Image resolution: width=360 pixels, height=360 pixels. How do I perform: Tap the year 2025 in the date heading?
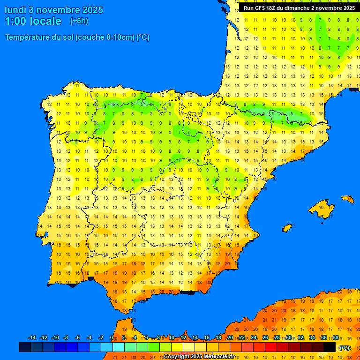92,10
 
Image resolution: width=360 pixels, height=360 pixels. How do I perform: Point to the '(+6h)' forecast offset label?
79,21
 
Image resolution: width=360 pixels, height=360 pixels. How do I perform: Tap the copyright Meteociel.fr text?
199,356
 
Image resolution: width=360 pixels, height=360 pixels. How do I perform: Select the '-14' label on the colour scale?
32,337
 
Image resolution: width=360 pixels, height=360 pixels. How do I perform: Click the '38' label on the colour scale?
336,337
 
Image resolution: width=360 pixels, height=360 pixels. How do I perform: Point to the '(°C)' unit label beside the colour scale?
345,347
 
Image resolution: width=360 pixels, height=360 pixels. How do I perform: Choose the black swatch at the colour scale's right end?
330,347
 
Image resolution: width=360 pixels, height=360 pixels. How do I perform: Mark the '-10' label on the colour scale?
55,337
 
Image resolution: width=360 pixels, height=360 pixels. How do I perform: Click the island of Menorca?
348,199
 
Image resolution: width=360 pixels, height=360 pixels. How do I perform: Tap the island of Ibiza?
287,228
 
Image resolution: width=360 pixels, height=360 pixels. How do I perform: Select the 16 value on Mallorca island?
321,206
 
